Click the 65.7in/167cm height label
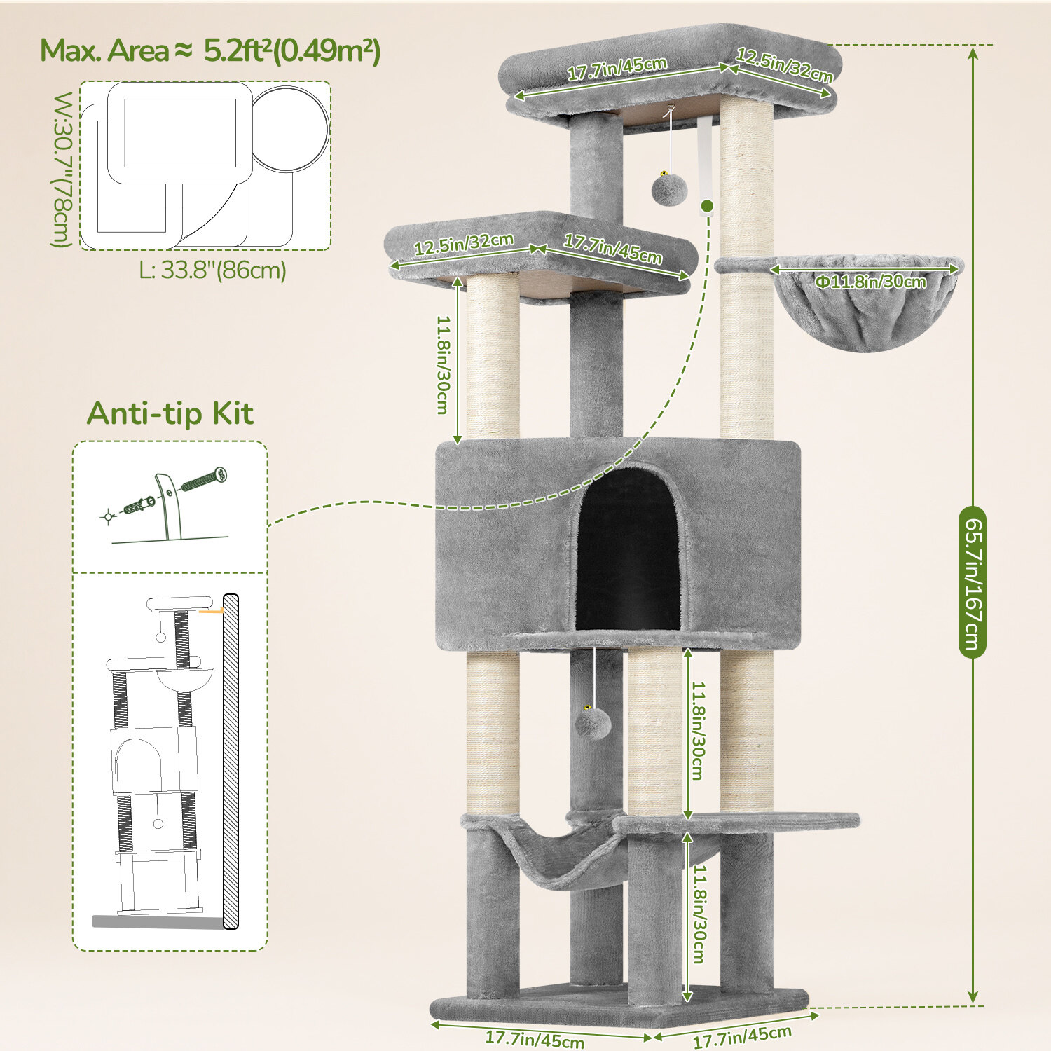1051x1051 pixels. (x=973, y=582)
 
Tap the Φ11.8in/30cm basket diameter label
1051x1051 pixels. (x=870, y=282)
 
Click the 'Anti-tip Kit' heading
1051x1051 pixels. (x=170, y=413)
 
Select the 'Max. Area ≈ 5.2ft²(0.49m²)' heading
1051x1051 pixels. (x=210, y=50)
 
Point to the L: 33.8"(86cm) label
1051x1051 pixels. (x=212, y=270)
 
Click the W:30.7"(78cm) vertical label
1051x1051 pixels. (x=62, y=170)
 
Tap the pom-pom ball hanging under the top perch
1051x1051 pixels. (x=669, y=189)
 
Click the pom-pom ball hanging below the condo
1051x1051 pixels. (x=593, y=723)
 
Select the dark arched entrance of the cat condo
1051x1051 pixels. (x=628, y=550)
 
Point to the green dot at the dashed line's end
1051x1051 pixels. (x=707, y=206)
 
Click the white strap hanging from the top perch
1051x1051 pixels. (x=704, y=158)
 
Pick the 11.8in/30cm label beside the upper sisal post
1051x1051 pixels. (x=443, y=364)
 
